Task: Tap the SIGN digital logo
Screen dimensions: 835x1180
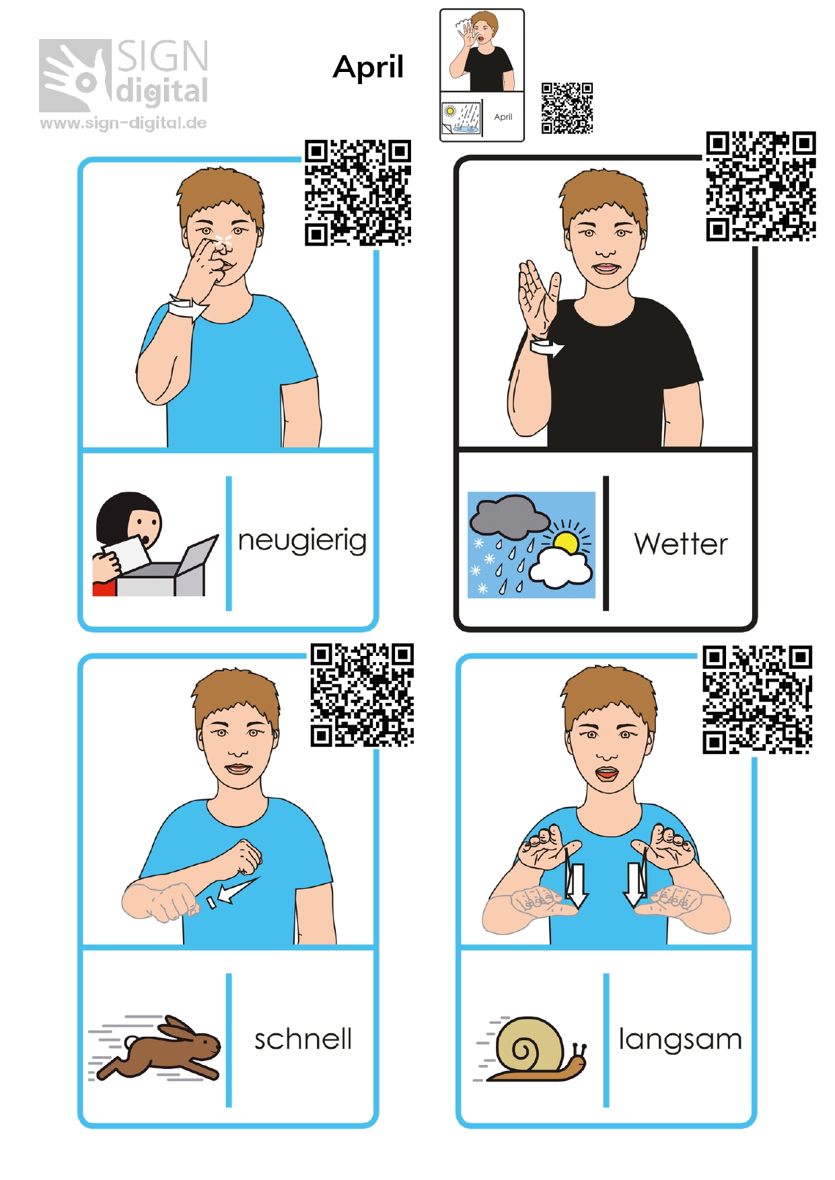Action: click(x=124, y=75)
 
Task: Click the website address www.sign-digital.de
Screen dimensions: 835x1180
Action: click(x=123, y=123)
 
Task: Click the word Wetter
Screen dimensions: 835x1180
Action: click(x=681, y=544)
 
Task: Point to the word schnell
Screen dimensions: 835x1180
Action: click(x=303, y=1039)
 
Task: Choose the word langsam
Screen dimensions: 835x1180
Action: click(x=680, y=1040)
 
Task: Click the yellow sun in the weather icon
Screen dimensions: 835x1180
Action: click(x=567, y=541)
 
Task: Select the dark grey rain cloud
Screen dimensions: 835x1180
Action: click(x=509, y=516)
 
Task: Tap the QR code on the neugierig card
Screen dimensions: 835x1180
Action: click(x=358, y=193)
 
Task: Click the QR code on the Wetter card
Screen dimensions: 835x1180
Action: click(x=761, y=186)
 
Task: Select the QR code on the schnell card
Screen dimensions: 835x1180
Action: click(x=362, y=695)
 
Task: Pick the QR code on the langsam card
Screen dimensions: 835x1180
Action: click(x=758, y=700)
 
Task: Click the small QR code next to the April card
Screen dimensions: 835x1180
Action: click(x=567, y=108)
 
